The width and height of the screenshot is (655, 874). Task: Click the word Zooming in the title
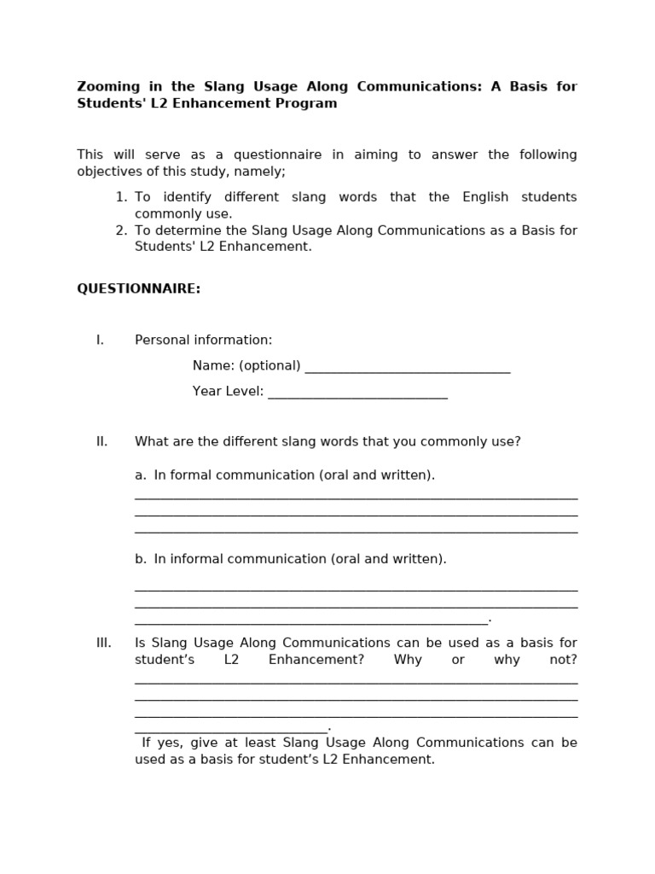click(106, 87)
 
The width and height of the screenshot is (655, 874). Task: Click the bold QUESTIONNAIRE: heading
click(139, 289)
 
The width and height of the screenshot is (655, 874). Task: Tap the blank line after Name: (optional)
click(407, 368)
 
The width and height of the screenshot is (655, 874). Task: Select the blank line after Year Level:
click(357, 393)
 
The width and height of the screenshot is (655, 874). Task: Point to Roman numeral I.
click(101, 341)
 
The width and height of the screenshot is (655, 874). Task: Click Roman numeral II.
click(102, 442)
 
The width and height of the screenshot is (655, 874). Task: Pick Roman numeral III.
click(104, 644)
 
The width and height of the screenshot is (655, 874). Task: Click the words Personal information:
click(203, 341)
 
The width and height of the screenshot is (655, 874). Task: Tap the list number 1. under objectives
click(121, 197)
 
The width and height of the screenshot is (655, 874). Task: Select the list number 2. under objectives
click(121, 230)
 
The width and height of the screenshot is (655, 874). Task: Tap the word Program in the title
click(310, 104)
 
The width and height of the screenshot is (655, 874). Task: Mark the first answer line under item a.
click(356, 497)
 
